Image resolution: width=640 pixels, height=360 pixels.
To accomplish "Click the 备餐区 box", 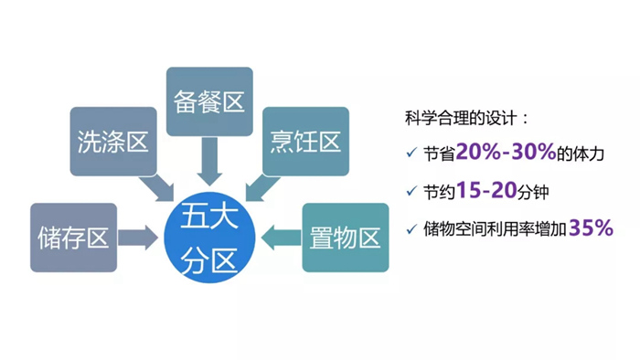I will point(209,101).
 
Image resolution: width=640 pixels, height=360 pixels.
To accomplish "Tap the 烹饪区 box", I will point(305,142).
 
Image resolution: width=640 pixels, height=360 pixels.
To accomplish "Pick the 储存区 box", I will point(73,238).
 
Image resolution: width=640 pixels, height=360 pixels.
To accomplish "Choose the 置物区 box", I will point(345,238).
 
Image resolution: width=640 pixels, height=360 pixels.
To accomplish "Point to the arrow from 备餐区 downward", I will point(209,160).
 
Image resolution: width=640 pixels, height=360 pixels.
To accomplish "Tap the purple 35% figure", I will point(590,228).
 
